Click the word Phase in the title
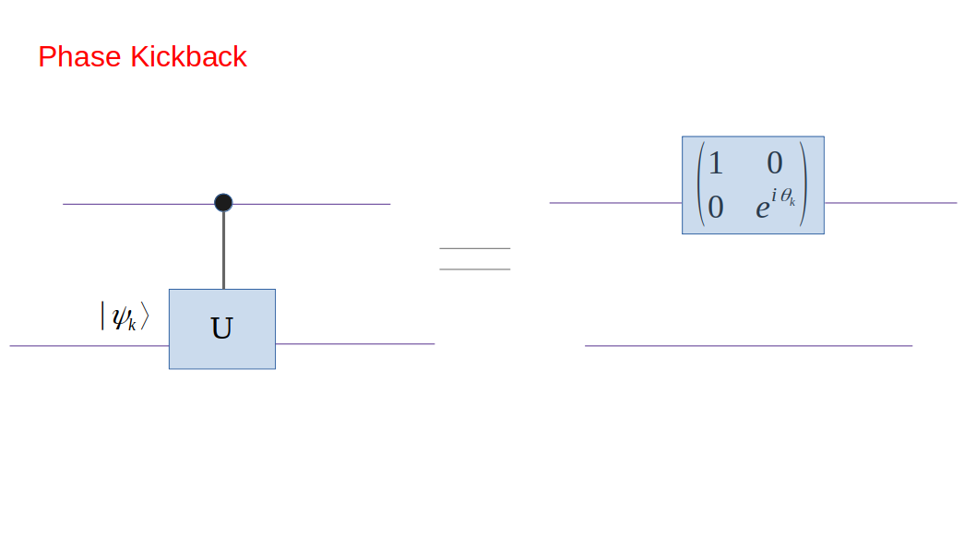[80, 57]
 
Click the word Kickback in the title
[188, 57]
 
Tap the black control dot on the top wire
[223, 203]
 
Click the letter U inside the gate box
[221, 328]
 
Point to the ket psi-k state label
[124, 316]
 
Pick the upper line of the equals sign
[474, 248]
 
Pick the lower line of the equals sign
[474, 269]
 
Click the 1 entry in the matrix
[715, 163]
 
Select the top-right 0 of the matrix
[774, 163]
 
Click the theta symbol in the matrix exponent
[786, 197]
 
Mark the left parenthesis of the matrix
[699, 185]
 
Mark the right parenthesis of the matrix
[805, 185]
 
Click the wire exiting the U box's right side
[355, 344]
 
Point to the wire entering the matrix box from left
[615, 203]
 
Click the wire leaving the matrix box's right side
[890, 203]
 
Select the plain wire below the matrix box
[748, 346]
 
